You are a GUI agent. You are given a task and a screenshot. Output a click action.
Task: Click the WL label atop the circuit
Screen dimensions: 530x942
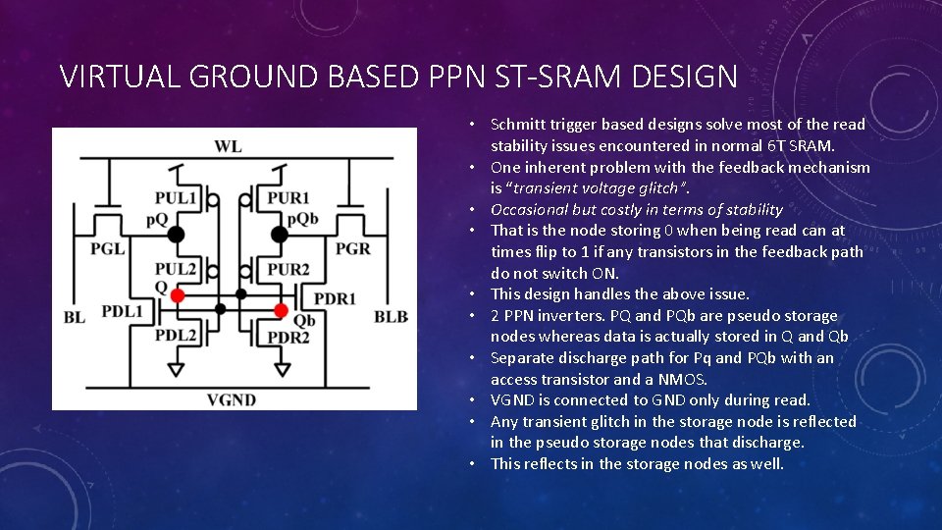coord(228,147)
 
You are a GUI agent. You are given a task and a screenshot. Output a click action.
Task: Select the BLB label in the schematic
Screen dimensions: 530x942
coord(391,317)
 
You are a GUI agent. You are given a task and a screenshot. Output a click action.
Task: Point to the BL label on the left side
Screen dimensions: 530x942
coord(74,317)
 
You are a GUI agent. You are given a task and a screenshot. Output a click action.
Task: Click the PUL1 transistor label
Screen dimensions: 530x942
coord(175,199)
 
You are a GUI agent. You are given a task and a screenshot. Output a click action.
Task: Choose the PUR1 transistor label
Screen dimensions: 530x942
coord(288,199)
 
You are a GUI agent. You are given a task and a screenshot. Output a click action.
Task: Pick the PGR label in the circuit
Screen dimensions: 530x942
coord(353,249)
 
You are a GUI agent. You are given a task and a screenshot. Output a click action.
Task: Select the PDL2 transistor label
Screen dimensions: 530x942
coord(176,336)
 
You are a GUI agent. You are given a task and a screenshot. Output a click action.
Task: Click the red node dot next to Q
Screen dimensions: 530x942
coord(178,295)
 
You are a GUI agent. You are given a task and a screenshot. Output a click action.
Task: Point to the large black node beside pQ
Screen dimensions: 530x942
coord(177,234)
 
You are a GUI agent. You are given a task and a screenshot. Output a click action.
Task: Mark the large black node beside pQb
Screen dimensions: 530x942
coord(279,234)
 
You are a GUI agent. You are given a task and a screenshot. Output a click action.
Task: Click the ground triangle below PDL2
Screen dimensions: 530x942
coord(176,370)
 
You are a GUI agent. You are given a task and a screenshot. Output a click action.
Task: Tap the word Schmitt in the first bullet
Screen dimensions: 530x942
coord(521,124)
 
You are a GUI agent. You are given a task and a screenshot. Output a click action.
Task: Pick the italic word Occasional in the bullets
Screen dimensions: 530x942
coord(529,209)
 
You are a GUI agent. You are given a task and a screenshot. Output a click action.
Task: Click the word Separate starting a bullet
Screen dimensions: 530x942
coord(522,358)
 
